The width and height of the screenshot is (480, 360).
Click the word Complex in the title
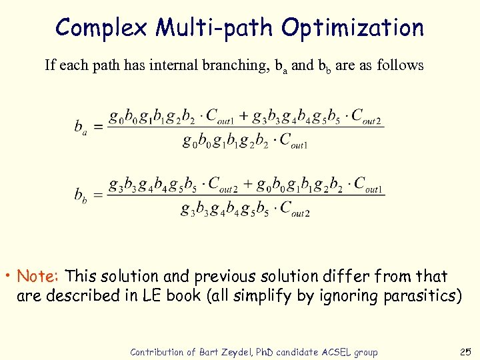point(102,28)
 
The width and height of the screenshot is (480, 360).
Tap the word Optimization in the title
point(352,28)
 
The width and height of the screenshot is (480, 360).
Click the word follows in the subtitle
point(400,65)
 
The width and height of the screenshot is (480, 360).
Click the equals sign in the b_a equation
point(97,127)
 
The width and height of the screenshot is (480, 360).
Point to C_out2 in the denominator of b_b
point(294,209)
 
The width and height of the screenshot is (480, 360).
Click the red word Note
point(39,276)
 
